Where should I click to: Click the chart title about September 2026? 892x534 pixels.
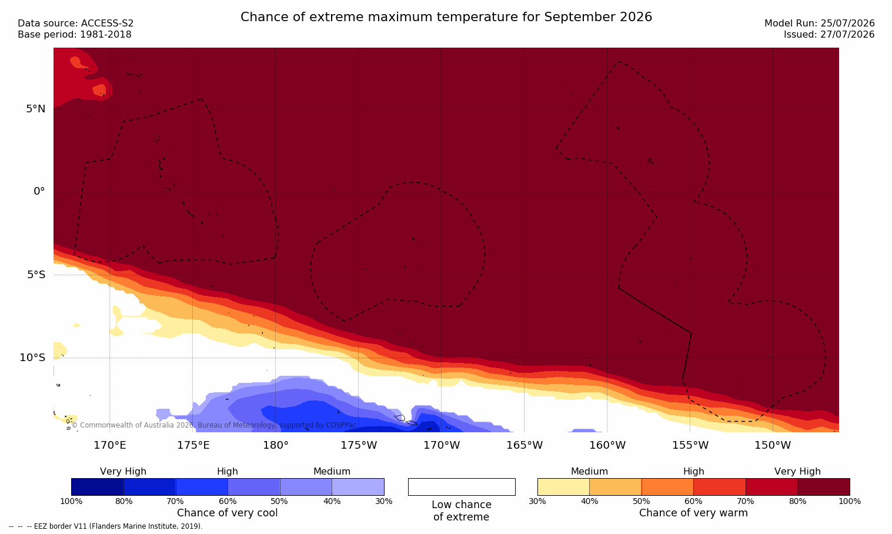pos(446,17)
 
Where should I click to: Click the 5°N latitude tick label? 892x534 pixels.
pos(36,109)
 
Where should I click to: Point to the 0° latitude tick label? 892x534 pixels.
pos(39,192)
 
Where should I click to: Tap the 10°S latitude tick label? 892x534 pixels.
pos(32,358)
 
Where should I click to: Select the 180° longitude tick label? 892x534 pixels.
pos(276,445)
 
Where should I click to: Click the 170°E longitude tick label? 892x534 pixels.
pos(110,445)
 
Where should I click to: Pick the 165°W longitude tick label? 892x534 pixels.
pos(524,445)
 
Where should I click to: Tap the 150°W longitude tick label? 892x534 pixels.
pos(773,445)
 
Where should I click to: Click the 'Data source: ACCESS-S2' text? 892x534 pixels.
pos(76,24)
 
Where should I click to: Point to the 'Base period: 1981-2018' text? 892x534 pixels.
pos(75,35)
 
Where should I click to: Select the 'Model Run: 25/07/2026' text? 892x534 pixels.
pos(820,24)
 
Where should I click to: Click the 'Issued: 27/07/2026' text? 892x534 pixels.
pos(829,35)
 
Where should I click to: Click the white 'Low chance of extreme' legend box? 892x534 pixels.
pos(462,487)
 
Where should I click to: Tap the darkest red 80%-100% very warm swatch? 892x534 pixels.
pos(824,487)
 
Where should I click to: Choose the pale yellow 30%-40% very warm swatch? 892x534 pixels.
pos(563,487)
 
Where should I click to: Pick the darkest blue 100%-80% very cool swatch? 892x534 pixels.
pos(98,487)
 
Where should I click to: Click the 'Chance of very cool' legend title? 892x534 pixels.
pos(228,513)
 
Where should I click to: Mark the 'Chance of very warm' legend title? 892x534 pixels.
pos(693,513)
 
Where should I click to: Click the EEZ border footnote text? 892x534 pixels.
pos(105,526)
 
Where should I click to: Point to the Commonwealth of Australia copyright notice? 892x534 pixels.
pos(214,425)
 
